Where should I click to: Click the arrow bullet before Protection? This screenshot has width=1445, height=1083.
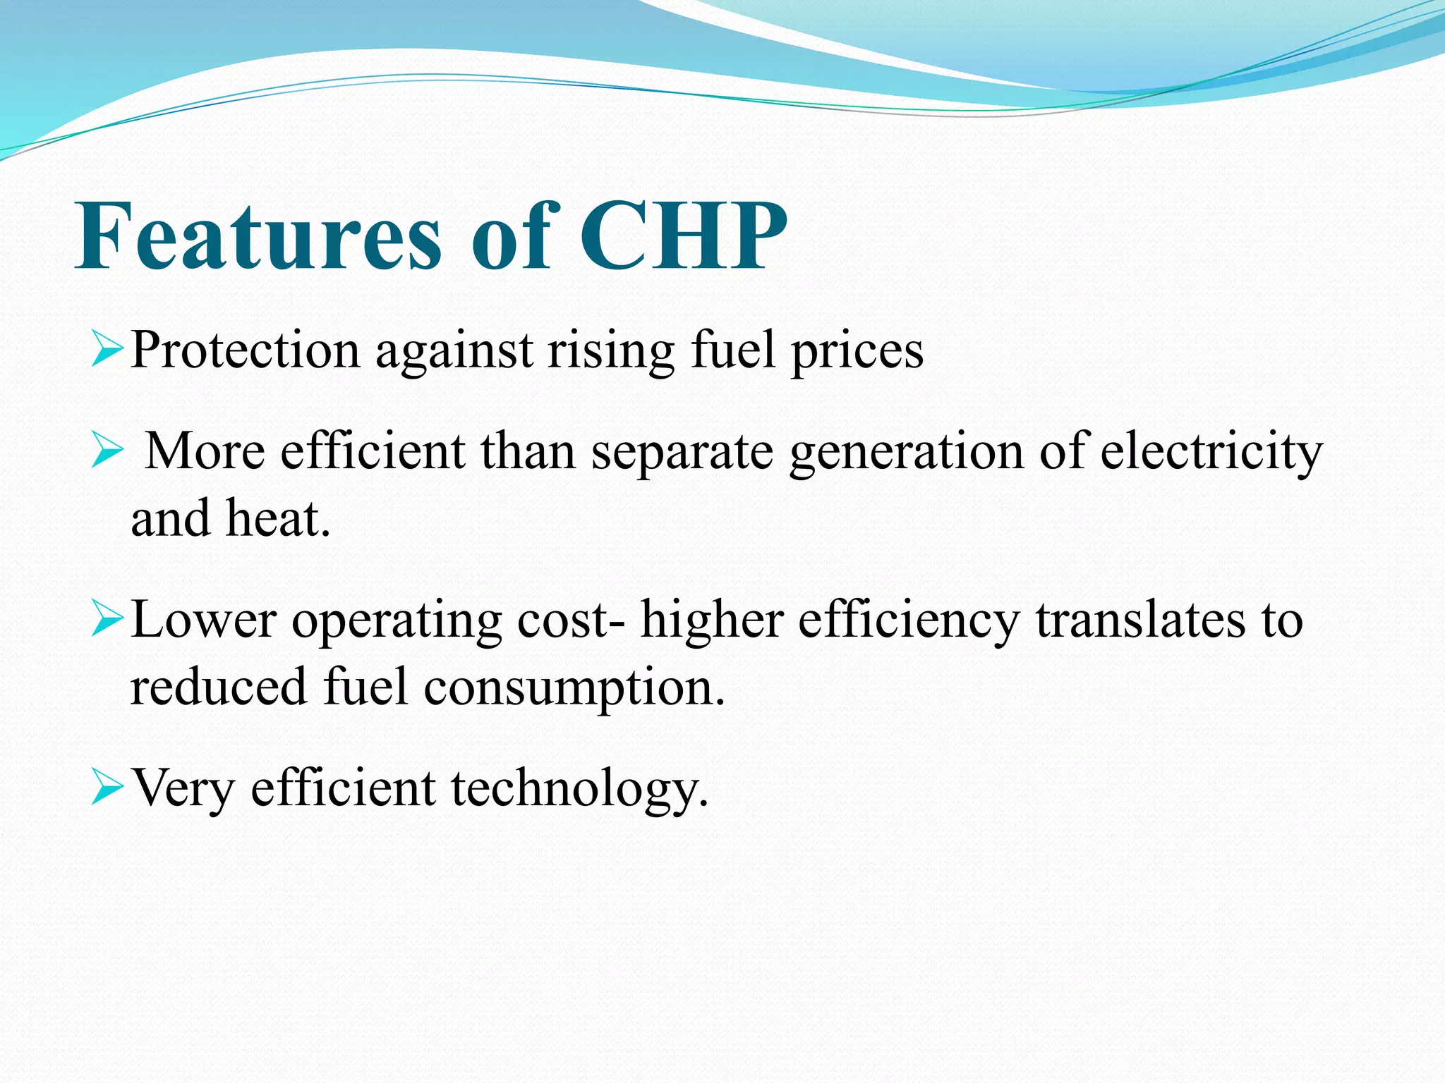click(108, 351)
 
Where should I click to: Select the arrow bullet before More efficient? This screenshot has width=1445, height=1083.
click(108, 452)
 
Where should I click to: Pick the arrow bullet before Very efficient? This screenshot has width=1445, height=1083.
click(108, 789)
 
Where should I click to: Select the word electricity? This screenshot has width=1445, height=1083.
click(1211, 453)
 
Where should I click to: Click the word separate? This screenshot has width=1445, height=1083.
click(682, 453)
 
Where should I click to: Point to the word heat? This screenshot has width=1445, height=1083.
click(277, 518)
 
